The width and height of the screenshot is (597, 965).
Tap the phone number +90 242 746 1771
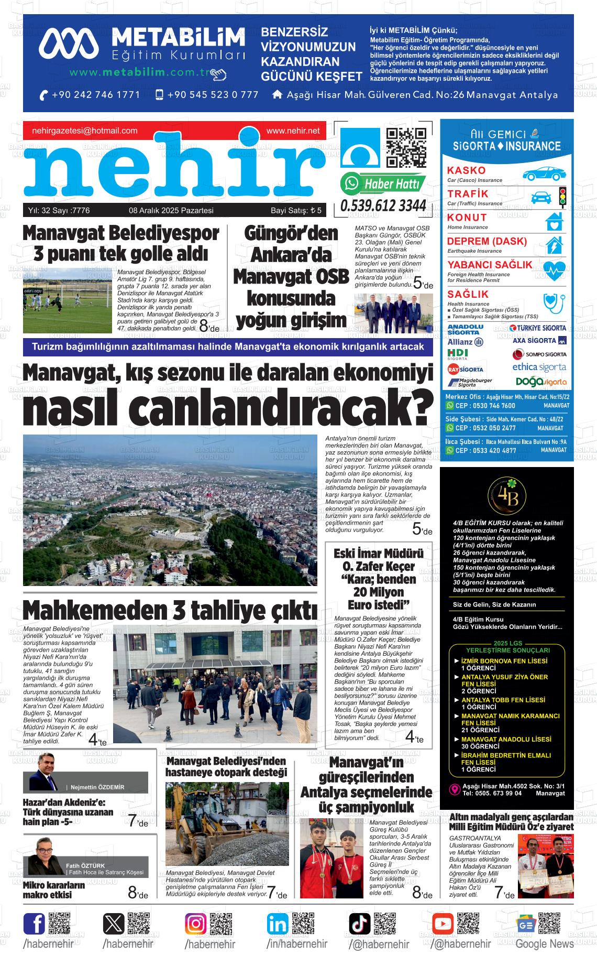(x=90, y=95)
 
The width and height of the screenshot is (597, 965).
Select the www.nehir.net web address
(x=293, y=131)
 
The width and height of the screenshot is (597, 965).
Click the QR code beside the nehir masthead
(x=406, y=148)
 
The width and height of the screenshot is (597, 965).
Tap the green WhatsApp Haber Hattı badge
(x=383, y=184)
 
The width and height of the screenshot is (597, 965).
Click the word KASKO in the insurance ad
(x=467, y=170)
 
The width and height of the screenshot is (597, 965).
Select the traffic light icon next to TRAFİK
(x=563, y=197)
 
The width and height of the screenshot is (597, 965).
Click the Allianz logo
(x=465, y=342)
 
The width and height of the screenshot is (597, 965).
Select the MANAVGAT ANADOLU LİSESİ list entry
(x=506, y=739)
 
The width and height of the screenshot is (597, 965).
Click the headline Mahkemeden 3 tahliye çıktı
(x=170, y=610)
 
